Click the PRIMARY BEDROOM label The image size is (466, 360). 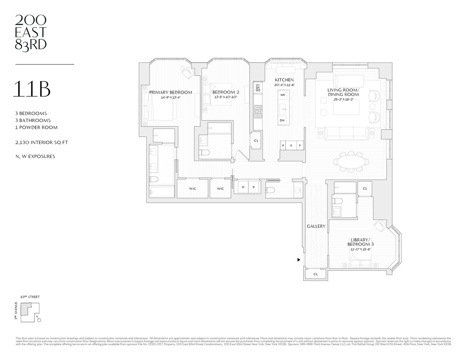pos(170,92)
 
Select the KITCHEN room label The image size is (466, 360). pos(285,80)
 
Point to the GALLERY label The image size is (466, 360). pos(316,226)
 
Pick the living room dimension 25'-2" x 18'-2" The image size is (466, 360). pos(343,99)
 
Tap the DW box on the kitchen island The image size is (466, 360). pos(282,120)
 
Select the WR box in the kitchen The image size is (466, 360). pos(283,95)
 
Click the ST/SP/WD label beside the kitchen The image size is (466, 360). pos(257,88)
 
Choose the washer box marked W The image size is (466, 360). pos(243,187)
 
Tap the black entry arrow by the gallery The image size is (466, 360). pos(299,260)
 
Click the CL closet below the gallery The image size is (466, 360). pos(315,274)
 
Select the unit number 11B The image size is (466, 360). pos(31,89)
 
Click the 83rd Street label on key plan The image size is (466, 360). pos(30,297)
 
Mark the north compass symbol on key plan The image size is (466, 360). pos(38,319)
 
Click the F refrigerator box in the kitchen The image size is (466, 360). pos(299,146)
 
